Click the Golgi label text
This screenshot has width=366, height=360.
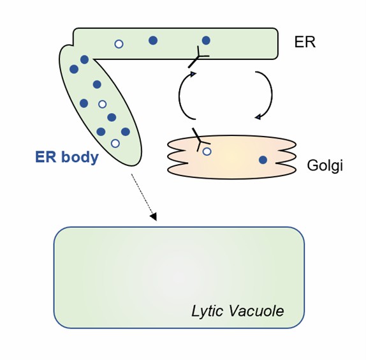pyautogui.click(x=325, y=166)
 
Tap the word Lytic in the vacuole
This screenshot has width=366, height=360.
pyautogui.click(x=207, y=311)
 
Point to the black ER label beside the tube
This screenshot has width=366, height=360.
pyautogui.click(x=304, y=43)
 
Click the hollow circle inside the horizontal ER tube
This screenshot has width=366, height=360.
pyautogui.click(x=119, y=43)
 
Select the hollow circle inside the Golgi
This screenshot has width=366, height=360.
pyautogui.click(x=207, y=151)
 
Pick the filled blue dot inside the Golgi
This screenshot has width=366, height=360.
pyautogui.click(x=263, y=160)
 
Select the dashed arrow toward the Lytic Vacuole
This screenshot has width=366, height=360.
pyautogui.click(x=143, y=195)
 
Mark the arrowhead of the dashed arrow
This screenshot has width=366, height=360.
pyautogui.click(x=153, y=217)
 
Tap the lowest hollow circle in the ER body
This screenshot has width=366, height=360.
pyautogui.click(x=115, y=143)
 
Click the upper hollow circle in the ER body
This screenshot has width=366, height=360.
pyautogui.click(x=102, y=104)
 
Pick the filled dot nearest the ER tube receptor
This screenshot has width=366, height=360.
pyautogui.click(x=206, y=40)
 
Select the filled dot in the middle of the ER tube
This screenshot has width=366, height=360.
pyautogui.click(x=153, y=40)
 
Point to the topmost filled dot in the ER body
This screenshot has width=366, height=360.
pyautogui.click(x=84, y=59)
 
